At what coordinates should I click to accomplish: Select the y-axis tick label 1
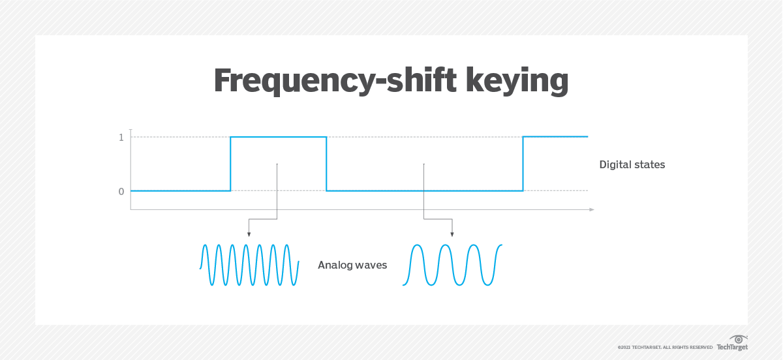pyautogui.click(x=121, y=137)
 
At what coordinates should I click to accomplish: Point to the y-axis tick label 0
pyautogui.click(x=121, y=191)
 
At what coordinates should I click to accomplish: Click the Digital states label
pyautogui.click(x=632, y=165)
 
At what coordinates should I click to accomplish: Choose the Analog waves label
pyautogui.click(x=352, y=265)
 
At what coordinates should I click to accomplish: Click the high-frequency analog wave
pyautogui.click(x=249, y=265)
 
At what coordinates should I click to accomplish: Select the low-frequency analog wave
pyautogui.click(x=453, y=265)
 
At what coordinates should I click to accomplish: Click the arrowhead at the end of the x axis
pyautogui.click(x=591, y=209)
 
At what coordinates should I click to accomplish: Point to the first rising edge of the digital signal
pyautogui.click(x=230, y=164)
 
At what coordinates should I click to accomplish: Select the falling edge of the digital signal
pyautogui.click(x=326, y=164)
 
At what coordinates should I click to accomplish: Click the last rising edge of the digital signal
pyautogui.click(x=523, y=164)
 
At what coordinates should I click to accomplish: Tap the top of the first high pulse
pyautogui.click(x=278, y=137)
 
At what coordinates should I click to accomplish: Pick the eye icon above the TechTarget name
pyautogui.click(x=739, y=339)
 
